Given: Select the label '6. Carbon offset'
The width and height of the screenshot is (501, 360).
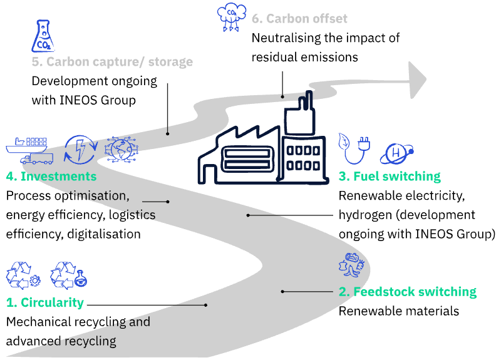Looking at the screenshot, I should [299, 19].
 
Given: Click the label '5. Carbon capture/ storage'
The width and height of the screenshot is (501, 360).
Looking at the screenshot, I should [112, 62].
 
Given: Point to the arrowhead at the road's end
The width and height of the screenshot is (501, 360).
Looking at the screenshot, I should [417, 80].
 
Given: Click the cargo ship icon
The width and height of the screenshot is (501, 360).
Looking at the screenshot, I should [28, 145].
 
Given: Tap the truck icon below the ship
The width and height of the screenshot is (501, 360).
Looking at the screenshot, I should [36, 158].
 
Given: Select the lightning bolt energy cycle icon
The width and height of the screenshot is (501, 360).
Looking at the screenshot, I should [81, 150].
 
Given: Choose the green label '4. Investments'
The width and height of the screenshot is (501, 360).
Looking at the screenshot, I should [51, 177].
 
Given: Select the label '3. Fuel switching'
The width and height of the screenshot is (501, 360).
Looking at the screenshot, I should [390, 177].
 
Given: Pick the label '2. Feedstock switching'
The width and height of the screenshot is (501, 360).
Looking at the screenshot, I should [407, 292].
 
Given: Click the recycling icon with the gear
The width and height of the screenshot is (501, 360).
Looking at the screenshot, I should [23, 275].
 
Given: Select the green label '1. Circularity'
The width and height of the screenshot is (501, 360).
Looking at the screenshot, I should [45, 302].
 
